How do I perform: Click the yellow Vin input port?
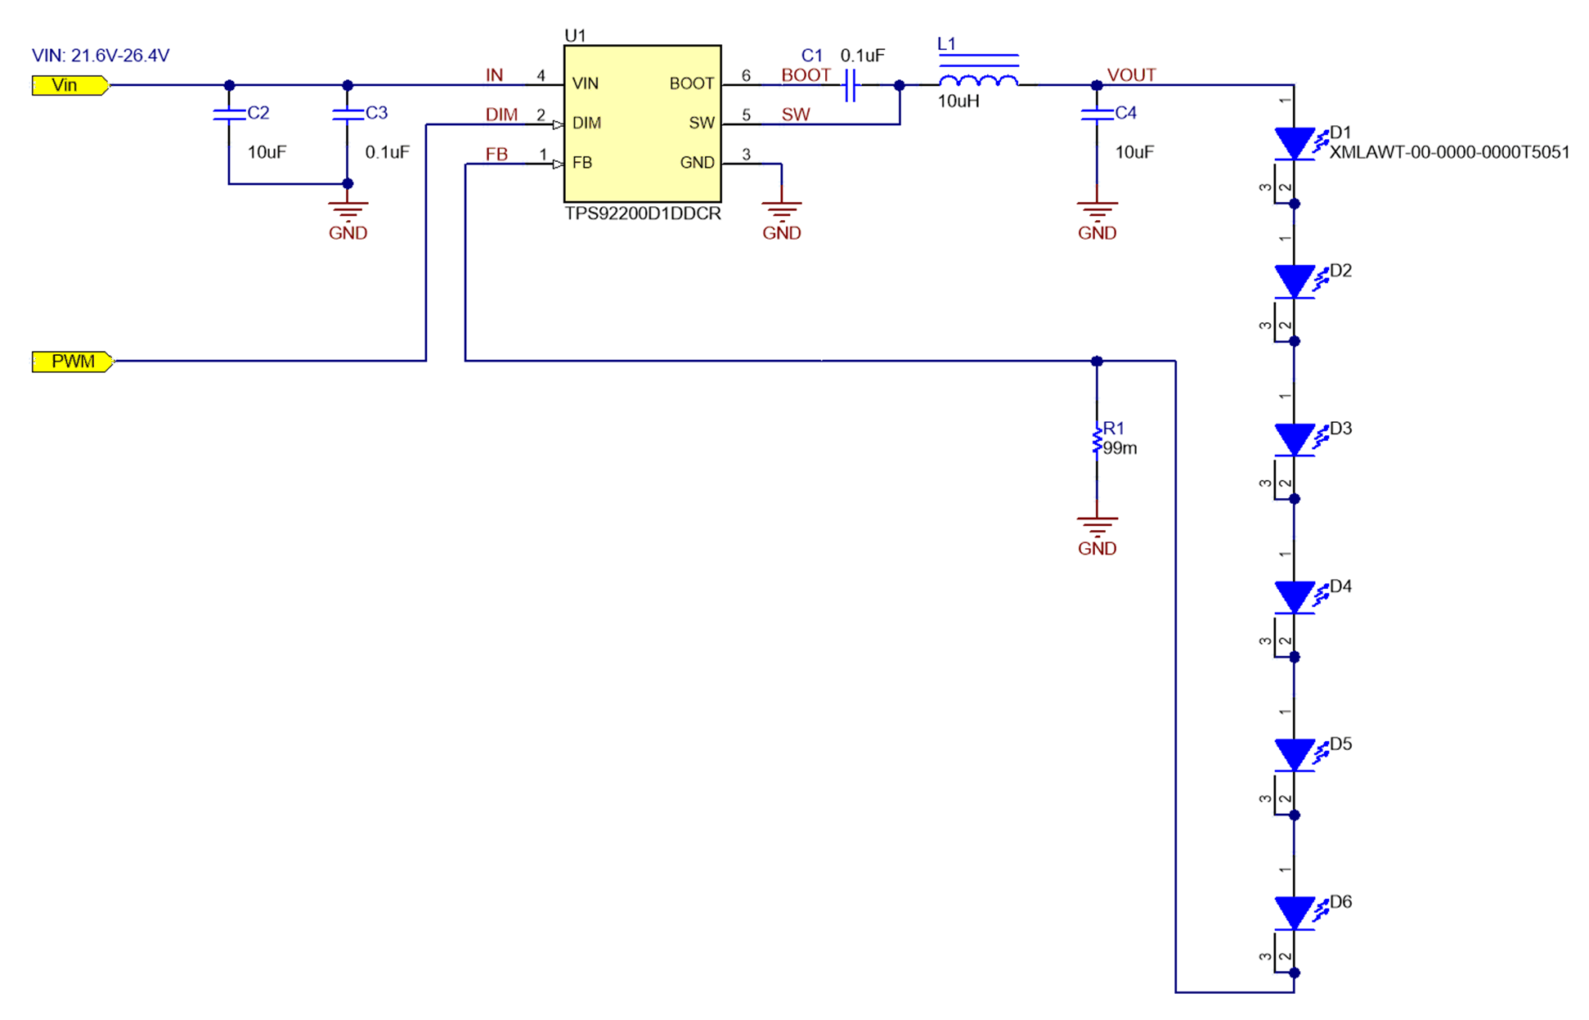(x=69, y=85)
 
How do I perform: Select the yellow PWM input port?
(x=72, y=361)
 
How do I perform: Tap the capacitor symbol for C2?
(x=229, y=115)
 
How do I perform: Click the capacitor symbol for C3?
(x=348, y=115)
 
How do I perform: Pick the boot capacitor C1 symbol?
(x=851, y=84)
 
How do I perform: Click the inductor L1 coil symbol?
(x=978, y=80)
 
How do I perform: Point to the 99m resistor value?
(x=1120, y=448)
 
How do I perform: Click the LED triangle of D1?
(x=1294, y=143)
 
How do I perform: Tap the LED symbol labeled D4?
(x=1294, y=597)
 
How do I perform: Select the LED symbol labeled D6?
(x=1294, y=913)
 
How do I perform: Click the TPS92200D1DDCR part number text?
(x=643, y=213)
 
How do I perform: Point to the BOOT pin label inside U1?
(x=691, y=83)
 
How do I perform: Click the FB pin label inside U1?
(x=582, y=163)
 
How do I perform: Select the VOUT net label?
(x=1131, y=75)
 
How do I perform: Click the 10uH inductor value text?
(x=958, y=101)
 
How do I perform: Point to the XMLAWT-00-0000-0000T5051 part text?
(x=1449, y=152)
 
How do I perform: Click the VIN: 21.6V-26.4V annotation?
(x=101, y=56)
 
